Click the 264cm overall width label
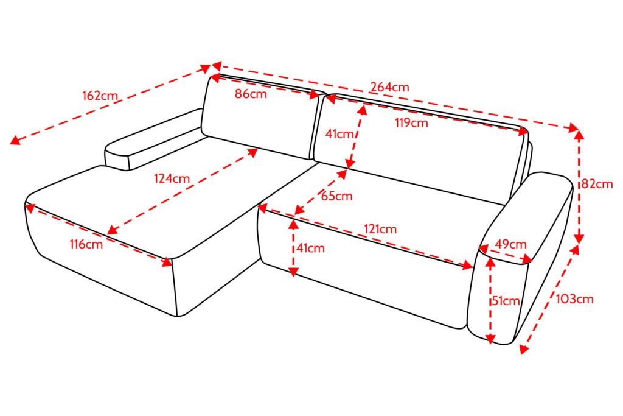[x=389, y=86]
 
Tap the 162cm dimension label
[x=100, y=96]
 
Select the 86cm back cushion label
[x=251, y=94]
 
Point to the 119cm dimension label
[x=411, y=123]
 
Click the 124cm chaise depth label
[x=172, y=178]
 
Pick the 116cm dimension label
[x=86, y=244]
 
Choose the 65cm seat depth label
[x=336, y=196]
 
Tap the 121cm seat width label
[x=380, y=229]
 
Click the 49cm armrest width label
[x=510, y=244]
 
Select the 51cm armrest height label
[x=506, y=301]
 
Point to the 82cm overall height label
[x=597, y=184]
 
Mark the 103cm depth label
[x=574, y=298]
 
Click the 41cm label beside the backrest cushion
[x=339, y=134]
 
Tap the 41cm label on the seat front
[x=310, y=248]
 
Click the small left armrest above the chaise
[x=153, y=139]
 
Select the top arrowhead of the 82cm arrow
[x=579, y=134]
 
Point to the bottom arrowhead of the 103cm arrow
[x=524, y=349]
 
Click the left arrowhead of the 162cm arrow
[x=15, y=139]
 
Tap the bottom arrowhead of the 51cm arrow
[x=491, y=339]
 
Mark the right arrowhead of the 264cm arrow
[x=574, y=128]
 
